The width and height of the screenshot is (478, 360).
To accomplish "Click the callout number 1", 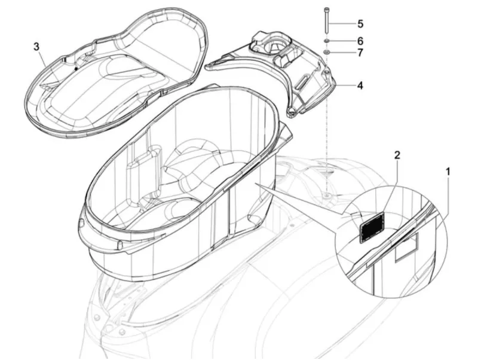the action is pos(448,172).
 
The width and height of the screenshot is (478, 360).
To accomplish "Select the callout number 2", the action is pos(397,155).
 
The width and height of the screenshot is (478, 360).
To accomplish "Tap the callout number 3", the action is pos(36,47).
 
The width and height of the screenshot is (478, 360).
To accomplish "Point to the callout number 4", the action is pos(360,86).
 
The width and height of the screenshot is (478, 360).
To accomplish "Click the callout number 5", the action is pos(360,24).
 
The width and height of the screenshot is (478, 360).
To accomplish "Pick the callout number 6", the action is pos(360,41).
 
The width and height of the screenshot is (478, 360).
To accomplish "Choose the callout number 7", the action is pos(360,53).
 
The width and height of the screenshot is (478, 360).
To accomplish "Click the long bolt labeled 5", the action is pos(326,20).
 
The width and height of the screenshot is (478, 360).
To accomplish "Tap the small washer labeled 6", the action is pos(326,41).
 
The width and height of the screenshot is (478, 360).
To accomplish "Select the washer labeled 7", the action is pos(327,52).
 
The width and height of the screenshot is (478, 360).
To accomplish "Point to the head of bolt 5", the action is pos(326,8).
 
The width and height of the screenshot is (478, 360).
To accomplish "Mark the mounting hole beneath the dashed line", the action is pos(327,194).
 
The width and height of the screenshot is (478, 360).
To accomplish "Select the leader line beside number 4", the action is pos(345,86).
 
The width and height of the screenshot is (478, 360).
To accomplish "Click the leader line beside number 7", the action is pos(342,53).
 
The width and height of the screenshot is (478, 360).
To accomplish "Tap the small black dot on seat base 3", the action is pos(76,69).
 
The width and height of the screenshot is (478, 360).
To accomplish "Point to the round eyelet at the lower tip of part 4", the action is pos(292,112).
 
